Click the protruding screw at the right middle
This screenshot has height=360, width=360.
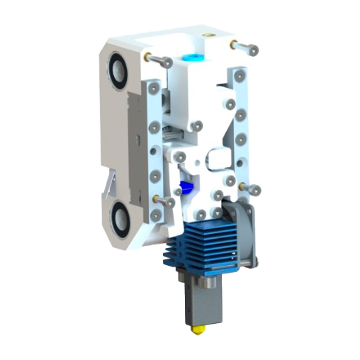click(x=252, y=189)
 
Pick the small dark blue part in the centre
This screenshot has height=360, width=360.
click(x=186, y=188)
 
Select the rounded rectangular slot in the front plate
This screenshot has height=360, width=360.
click(x=215, y=158)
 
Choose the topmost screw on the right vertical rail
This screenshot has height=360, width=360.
click(x=240, y=74)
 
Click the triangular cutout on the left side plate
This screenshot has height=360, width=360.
click(x=111, y=184)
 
